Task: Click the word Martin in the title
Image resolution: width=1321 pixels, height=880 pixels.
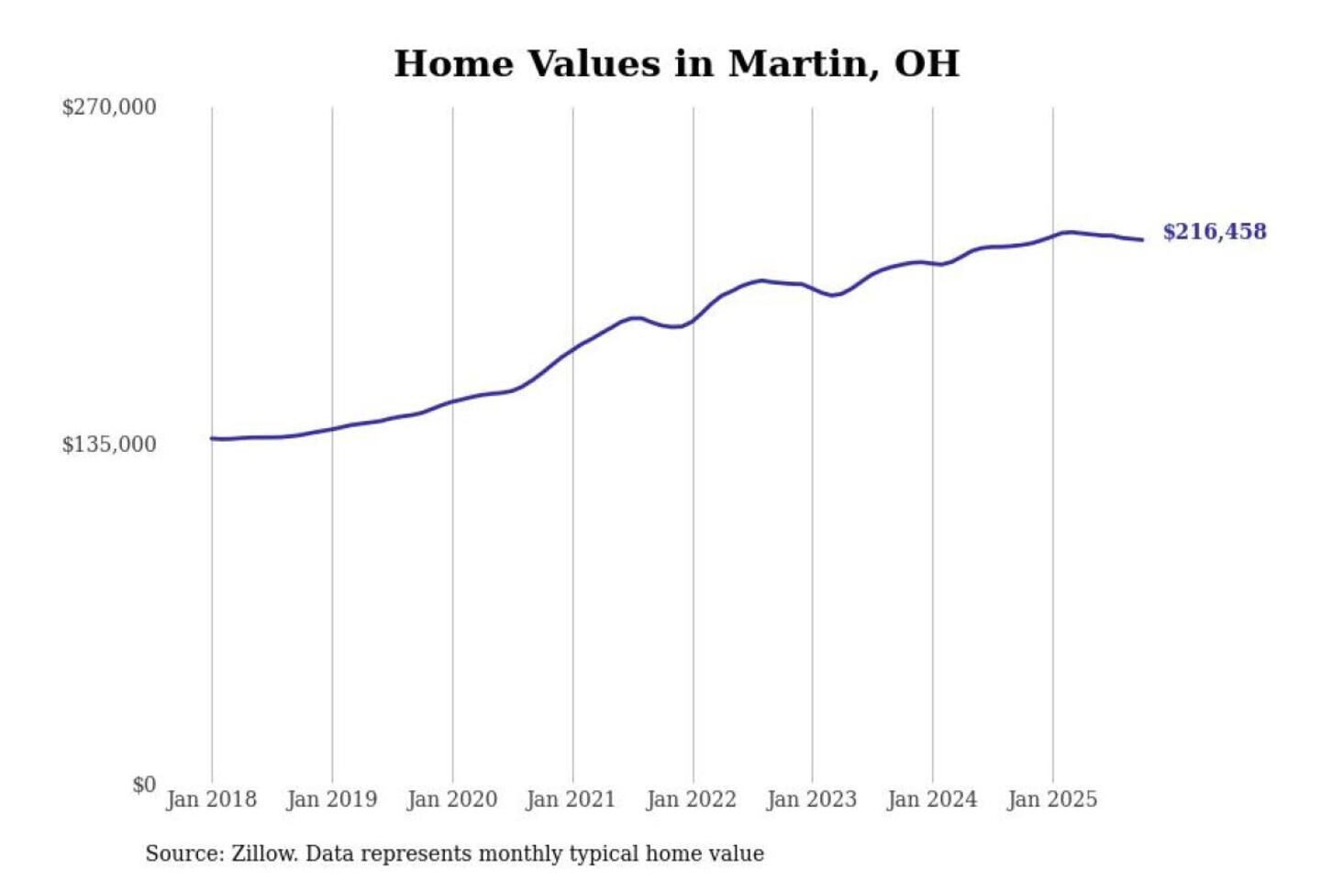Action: click(796, 64)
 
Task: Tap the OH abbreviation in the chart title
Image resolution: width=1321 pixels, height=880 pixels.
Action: click(927, 64)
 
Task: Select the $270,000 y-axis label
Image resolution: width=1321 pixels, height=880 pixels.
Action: click(109, 107)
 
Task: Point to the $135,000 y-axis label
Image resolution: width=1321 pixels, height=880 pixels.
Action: click(109, 445)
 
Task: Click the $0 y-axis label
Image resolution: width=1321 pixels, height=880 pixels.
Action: click(144, 785)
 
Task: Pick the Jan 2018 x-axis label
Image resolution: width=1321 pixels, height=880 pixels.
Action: click(212, 799)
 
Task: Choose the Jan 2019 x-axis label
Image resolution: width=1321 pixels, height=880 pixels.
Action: click(332, 799)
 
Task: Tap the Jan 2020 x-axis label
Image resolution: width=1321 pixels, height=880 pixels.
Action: click(452, 799)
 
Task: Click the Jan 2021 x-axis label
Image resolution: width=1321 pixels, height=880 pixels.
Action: click(572, 799)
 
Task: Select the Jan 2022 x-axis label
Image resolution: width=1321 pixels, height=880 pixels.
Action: click(692, 799)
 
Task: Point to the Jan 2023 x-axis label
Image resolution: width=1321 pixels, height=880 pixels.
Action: click(812, 799)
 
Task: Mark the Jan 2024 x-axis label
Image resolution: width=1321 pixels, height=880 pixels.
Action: click(932, 799)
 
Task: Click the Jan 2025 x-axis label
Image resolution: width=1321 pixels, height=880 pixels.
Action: click(1052, 799)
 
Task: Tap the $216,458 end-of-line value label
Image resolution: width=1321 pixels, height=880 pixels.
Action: click(1215, 232)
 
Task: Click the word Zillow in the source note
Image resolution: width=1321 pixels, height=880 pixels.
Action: click(264, 853)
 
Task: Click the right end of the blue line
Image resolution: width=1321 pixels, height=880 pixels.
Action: click(1142, 240)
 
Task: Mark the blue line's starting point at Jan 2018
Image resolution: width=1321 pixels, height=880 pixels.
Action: click(212, 438)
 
